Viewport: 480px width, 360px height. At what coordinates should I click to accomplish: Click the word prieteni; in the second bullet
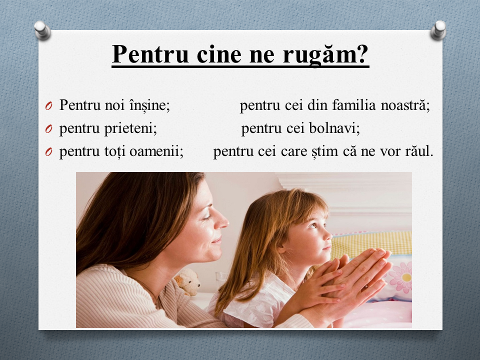130,128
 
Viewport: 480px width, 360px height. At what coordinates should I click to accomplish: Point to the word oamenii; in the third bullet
156,151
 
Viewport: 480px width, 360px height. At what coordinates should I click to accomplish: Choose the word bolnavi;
334,128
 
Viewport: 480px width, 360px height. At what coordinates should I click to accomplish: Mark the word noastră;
405,105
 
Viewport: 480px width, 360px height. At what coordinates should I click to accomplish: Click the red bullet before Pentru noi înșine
48,106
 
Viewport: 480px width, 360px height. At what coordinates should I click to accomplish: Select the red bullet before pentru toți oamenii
48,152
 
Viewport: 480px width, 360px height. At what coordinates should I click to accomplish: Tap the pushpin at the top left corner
42,30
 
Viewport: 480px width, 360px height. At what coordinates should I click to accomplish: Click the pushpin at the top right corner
438,30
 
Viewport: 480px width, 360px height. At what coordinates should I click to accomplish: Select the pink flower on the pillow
400,277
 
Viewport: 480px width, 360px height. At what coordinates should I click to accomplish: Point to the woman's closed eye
206,217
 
